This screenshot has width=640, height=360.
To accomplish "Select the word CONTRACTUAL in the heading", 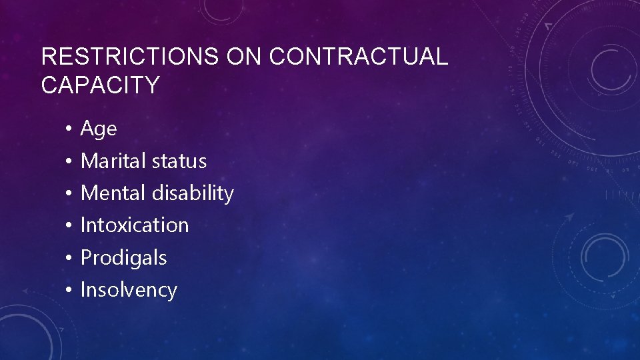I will tap(359, 57).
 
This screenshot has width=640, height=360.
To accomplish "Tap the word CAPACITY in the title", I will tap(100, 85).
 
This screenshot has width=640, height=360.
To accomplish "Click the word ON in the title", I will tap(243, 57).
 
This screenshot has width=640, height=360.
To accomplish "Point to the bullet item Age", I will tap(98, 129).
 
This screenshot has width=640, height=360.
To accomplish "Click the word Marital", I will tap(113, 161).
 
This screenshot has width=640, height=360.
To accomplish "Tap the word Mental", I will tap(113, 193).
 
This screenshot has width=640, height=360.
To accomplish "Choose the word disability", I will tap(193, 193).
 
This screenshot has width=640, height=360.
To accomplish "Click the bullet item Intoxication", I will tap(135, 225).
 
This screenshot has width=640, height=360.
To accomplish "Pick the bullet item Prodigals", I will tap(123, 258).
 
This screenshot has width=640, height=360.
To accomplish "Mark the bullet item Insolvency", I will tap(129, 290).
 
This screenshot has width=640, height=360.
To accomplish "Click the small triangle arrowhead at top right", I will tap(548, 26).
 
